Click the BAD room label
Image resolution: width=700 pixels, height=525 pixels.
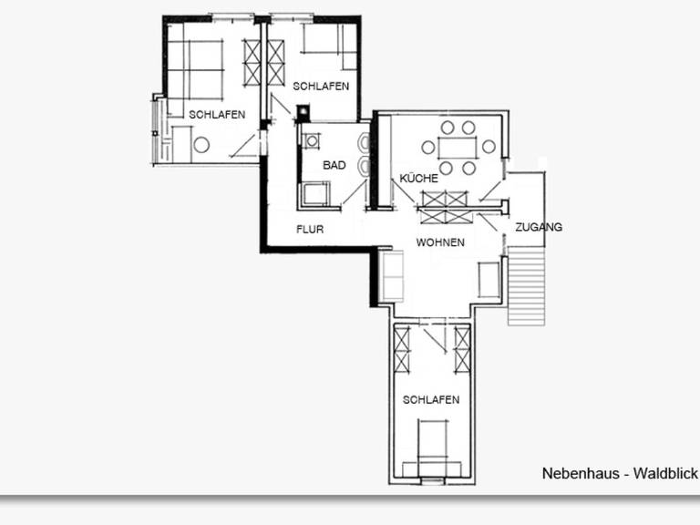[334, 165]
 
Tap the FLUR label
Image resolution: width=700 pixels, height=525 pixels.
[310, 230]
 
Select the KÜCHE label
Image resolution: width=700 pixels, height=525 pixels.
[418, 178]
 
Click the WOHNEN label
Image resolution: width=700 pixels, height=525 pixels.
[440, 242]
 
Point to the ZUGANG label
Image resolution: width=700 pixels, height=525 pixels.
[539, 227]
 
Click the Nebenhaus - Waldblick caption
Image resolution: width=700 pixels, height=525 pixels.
[620, 473]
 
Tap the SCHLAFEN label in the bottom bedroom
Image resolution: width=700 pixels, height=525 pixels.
[431, 399]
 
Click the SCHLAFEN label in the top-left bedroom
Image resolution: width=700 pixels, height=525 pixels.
[217, 115]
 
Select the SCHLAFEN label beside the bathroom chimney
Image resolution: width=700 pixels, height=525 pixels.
[321, 87]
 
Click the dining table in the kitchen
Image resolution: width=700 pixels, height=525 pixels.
[458, 149]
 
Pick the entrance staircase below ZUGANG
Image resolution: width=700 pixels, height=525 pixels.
[527, 285]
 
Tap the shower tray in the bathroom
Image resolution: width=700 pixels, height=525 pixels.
[315, 194]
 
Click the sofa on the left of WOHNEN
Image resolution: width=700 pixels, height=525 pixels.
[391, 275]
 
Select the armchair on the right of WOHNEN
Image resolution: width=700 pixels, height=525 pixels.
[489, 280]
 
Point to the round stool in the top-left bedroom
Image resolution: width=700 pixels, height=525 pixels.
[201, 145]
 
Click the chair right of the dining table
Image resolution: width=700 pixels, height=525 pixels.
[489, 147]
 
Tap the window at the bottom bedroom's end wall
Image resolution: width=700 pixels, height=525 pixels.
[433, 481]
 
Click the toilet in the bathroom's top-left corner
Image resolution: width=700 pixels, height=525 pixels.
[312, 141]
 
